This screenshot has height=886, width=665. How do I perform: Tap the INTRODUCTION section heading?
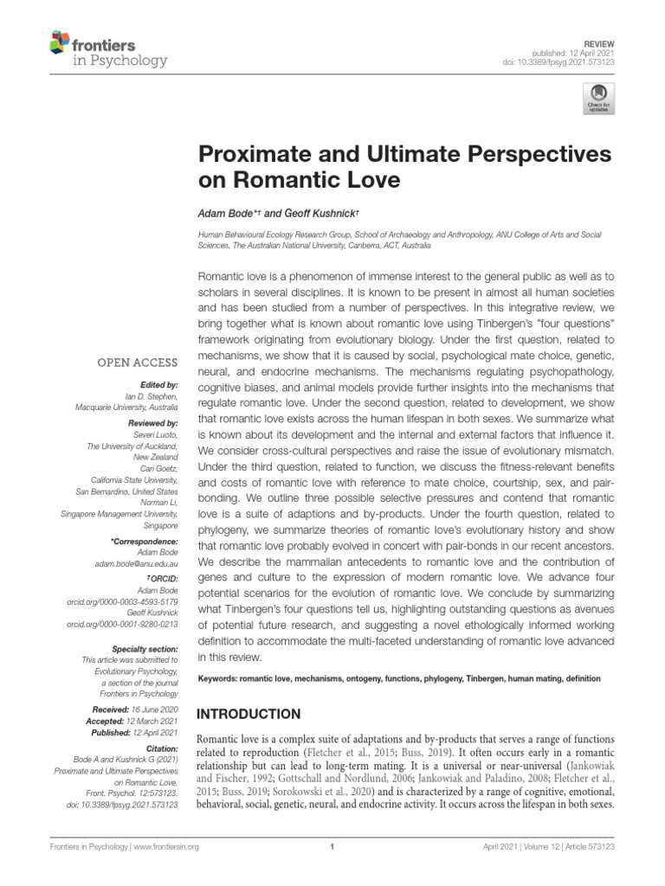[x=249, y=715]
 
